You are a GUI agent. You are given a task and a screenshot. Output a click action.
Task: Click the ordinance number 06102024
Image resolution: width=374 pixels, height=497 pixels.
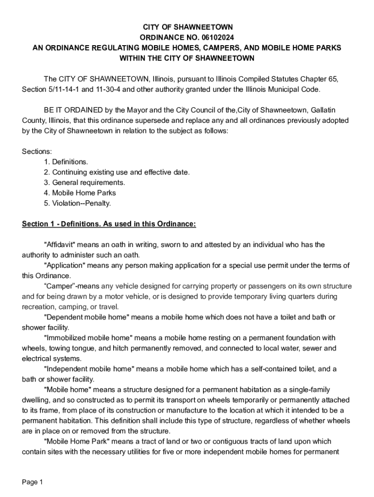(213, 37)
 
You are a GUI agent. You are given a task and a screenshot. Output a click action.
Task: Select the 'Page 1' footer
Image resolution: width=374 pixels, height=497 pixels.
(33, 482)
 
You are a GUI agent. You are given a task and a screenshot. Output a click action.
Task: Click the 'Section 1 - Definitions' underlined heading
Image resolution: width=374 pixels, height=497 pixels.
(109, 224)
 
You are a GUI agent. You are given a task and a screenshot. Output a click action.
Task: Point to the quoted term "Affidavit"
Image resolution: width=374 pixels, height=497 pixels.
(60, 245)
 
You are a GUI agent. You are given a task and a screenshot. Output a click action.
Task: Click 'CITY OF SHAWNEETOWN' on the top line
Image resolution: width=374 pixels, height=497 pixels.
(187, 27)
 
